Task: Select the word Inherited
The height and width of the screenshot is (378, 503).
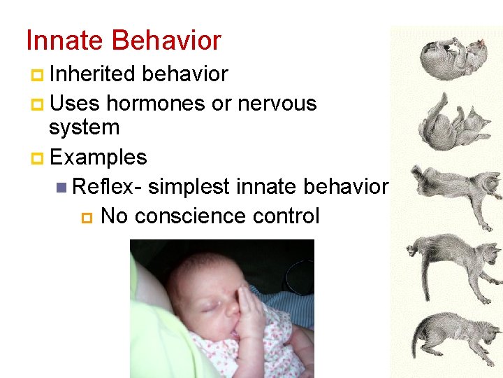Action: (x=92, y=74)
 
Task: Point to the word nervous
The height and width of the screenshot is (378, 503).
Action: (x=277, y=104)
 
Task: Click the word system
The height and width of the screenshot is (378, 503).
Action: (x=84, y=127)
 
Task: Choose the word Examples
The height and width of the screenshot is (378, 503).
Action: (x=98, y=157)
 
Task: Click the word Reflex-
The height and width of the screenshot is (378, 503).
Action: (x=108, y=187)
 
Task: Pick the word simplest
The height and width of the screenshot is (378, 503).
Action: (x=189, y=187)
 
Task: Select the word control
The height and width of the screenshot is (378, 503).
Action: (x=286, y=216)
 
